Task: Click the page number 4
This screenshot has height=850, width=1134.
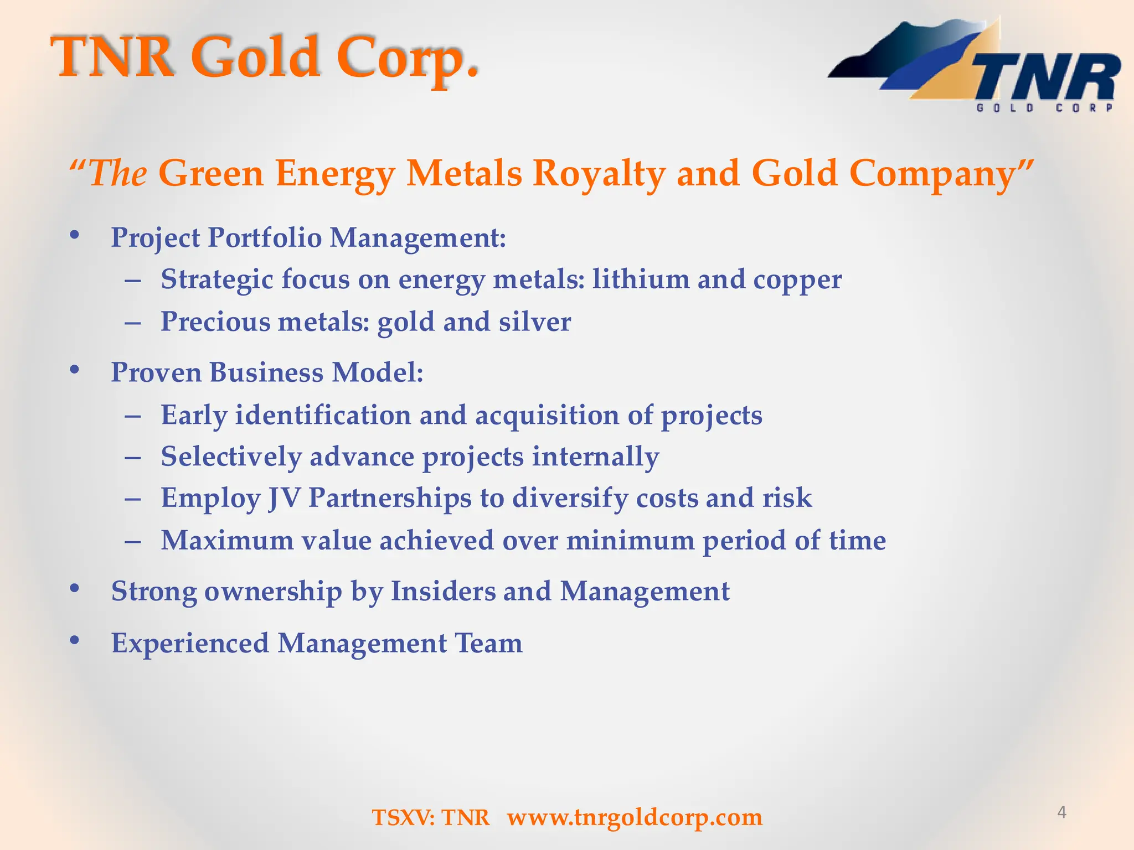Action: click(1061, 812)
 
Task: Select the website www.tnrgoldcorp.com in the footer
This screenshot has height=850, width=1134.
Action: click(635, 817)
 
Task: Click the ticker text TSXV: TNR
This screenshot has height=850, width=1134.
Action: click(431, 817)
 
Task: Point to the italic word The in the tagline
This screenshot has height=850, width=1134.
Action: click(117, 173)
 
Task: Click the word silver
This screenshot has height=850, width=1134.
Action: click(534, 322)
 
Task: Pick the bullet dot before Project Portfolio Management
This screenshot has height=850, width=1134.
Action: click(75, 235)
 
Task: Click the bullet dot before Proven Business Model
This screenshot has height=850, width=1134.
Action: click(75, 370)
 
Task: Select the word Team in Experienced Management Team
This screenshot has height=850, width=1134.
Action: click(488, 643)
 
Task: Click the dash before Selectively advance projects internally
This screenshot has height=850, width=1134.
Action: click(133, 458)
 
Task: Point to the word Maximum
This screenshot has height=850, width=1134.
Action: click(227, 540)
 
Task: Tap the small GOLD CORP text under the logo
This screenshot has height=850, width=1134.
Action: click(1044, 108)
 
